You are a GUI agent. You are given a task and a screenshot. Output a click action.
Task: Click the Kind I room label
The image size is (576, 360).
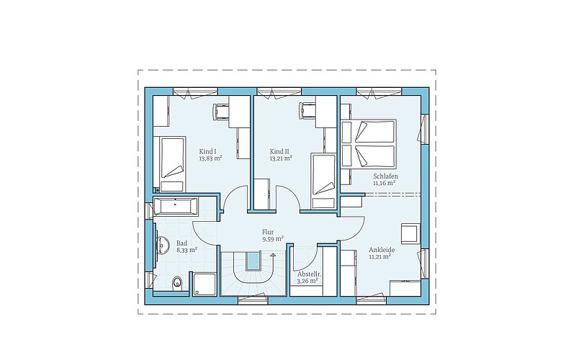[x=207, y=151]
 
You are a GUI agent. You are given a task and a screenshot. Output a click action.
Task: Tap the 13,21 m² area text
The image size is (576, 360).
[x=281, y=158]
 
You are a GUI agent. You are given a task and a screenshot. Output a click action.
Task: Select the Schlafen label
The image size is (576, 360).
[x=386, y=176]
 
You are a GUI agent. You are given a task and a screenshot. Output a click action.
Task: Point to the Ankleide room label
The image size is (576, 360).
[x=382, y=250]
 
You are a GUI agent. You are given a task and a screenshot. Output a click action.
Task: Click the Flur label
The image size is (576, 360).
[x=268, y=232]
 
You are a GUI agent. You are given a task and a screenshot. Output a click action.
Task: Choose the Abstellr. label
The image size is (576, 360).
[x=310, y=274]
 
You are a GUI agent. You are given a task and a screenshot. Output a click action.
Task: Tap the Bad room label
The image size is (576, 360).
[x=181, y=243]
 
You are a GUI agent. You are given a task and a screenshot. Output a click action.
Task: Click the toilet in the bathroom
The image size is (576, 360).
[x=177, y=282]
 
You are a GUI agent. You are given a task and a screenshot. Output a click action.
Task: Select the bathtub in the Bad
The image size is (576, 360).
[x=176, y=206]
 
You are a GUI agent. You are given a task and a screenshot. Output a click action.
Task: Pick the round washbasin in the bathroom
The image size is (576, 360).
[x=162, y=244]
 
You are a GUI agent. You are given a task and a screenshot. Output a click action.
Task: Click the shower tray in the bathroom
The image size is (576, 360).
[x=204, y=284]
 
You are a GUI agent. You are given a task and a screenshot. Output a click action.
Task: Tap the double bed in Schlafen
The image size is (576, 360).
[x=369, y=143]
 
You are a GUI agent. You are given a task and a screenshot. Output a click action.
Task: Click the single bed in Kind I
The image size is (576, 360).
[x=172, y=164]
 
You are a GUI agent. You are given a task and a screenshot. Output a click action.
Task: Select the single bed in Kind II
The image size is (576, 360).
[x=323, y=181]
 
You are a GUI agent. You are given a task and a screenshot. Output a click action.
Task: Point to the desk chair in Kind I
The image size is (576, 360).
[x=221, y=111]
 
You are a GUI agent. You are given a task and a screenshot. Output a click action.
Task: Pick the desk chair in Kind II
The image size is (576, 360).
[x=307, y=111]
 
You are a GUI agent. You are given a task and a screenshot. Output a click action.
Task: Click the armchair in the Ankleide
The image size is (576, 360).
[x=410, y=233]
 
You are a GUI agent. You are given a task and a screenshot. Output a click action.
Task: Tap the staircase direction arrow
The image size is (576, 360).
[x=273, y=256]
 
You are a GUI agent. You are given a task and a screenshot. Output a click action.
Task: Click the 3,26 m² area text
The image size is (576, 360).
[x=307, y=281]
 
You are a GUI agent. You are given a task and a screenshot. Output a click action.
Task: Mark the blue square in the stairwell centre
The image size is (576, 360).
[x=253, y=261]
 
